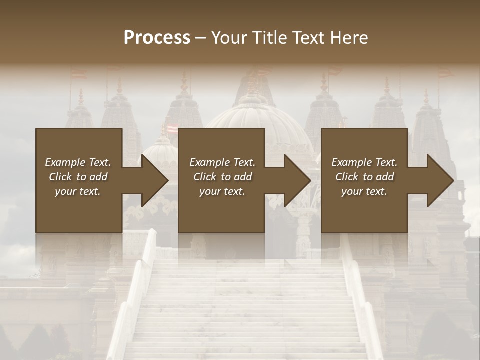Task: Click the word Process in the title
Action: pos(157,37)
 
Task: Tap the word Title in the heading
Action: pos(267,37)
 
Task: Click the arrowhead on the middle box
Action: pos(296,180)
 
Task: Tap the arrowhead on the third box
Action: pos(439,180)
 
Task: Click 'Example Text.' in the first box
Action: pos(78,162)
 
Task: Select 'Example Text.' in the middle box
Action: pos(222,162)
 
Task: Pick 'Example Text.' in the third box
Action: pos(364,162)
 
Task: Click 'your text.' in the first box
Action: pos(78,191)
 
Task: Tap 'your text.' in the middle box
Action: pos(222,191)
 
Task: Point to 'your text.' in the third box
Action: pos(364,191)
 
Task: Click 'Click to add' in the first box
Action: pos(78,177)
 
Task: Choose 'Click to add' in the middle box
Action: pos(222,177)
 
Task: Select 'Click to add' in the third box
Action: pos(364,177)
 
